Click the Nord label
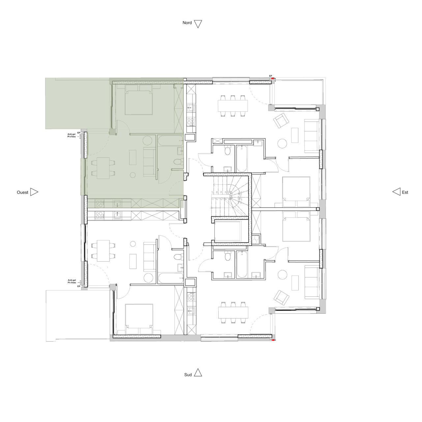(187, 23)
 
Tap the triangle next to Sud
(198, 373)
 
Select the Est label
(405, 192)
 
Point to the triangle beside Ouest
(34, 192)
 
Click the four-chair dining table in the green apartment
(103, 167)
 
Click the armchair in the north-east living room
(281, 121)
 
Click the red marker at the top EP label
(271, 79)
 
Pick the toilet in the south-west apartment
(177, 257)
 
